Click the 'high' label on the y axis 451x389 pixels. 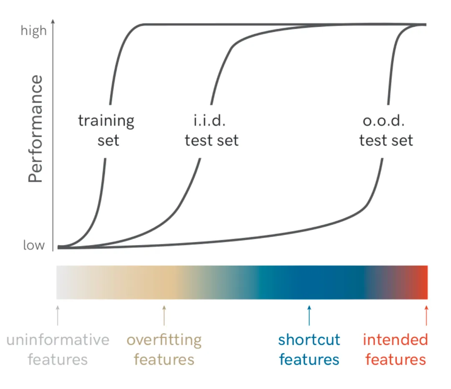coord(34,30)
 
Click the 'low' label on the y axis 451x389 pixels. coord(34,245)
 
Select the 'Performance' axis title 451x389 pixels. coord(36,129)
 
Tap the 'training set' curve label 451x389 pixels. coord(106,130)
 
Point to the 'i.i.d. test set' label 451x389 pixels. coord(212,130)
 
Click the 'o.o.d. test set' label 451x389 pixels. coord(386,130)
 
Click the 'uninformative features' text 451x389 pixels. coord(58,349)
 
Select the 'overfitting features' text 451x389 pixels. coord(164,349)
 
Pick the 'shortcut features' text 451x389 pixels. coord(309,349)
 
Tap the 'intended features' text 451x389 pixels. coord(395,349)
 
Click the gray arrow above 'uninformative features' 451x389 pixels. coord(58,315)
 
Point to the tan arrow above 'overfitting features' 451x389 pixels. coord(164,315)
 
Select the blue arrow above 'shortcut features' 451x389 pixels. coord(309,315)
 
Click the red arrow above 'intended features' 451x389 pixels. coord(426,315)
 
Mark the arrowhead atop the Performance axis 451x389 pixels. coord(53,21)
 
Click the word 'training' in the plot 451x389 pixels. coord(106,121)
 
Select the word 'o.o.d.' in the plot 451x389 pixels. coord(383,121)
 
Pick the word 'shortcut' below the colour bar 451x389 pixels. coord(309,340)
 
